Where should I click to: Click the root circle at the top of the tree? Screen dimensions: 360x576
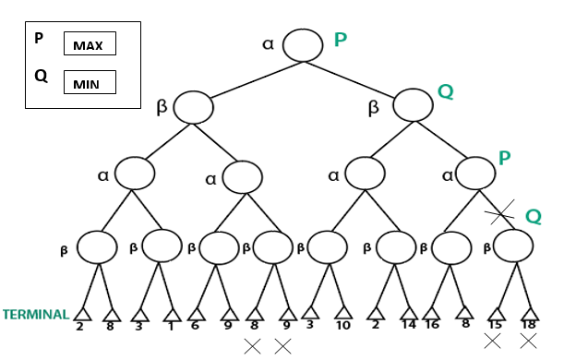click(x=303, y=44)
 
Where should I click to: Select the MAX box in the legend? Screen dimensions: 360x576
click(x=89, y=44)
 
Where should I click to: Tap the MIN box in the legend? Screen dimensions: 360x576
click(x=89, y=83)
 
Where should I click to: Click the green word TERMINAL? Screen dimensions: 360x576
click(x=35, y=315)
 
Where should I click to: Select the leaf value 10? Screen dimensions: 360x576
click(x=343, y=326)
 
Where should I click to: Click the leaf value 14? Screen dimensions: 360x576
click(x=408, y=326)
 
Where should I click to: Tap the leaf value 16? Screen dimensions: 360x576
click(x=431, y=326)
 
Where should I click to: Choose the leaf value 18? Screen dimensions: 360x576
click(x=530, y=326)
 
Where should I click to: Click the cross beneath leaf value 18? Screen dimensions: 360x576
click(x=529, y=341)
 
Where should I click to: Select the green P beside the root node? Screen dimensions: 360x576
click(x=340, y=40)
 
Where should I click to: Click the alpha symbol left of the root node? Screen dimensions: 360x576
click(x=269, y=43)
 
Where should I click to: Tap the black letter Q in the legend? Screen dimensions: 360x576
click(x=41, y=77)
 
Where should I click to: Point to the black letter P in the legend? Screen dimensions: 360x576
click(x=39, y=41)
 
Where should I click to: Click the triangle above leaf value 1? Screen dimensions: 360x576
click(x=172, y=313)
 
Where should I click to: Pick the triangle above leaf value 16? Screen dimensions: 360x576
click(x=431, y=313)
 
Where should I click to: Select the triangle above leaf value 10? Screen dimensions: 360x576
click(x=343, y=313)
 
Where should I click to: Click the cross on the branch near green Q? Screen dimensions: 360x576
click(x=499, y=215)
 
